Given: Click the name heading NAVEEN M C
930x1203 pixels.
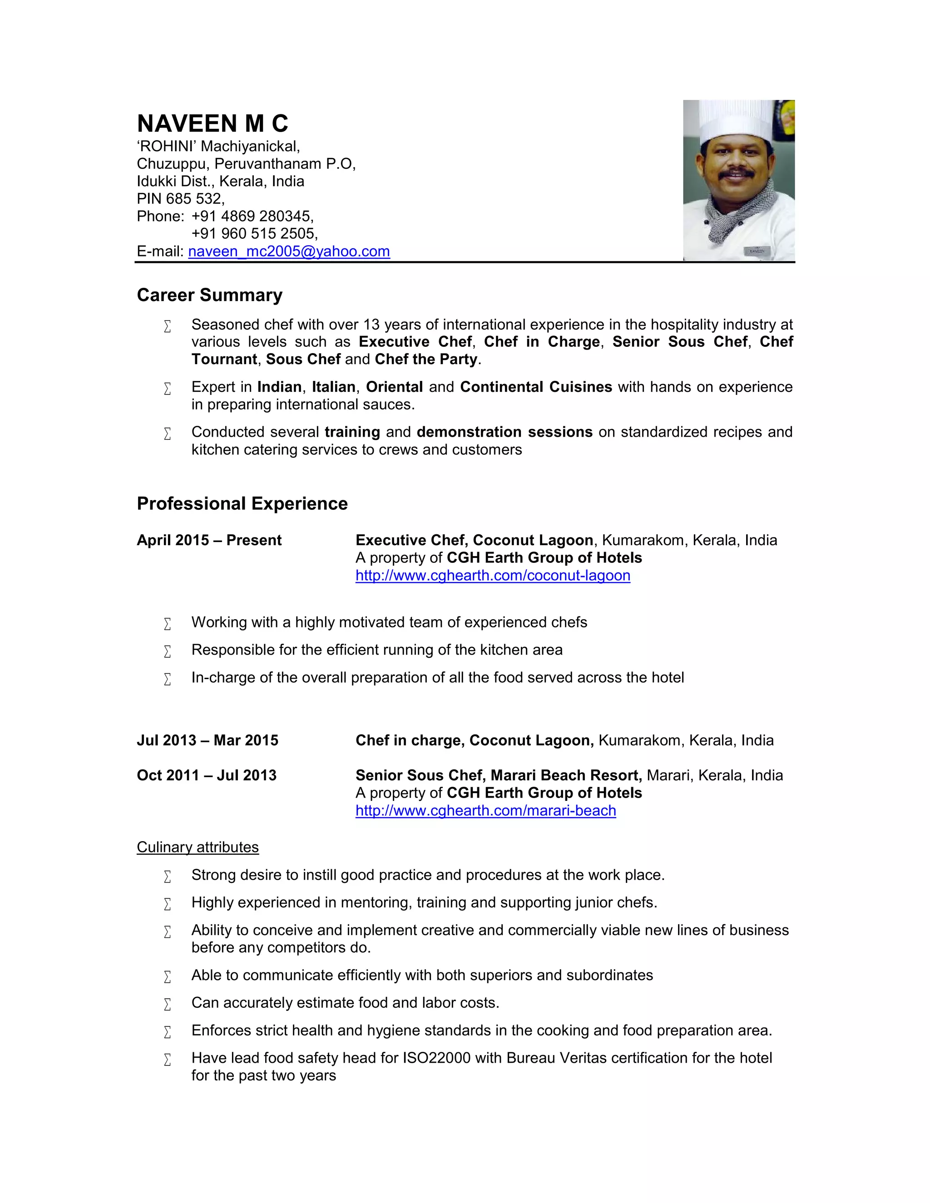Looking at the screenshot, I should click(212, 123).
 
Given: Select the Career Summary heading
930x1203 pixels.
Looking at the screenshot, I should click(209, 295).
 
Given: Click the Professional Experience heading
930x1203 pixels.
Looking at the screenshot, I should click(242, 503).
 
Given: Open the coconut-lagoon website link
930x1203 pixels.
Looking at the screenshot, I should click(493, 575).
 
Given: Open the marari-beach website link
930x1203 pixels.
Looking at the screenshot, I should click(485, 810).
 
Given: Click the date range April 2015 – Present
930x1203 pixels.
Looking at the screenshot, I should click(209, 540).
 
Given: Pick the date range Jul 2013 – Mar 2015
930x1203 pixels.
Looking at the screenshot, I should click(207, 740).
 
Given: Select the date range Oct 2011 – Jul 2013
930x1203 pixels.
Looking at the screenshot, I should click(206, 775).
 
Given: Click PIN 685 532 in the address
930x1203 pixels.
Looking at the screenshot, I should click(180, 198).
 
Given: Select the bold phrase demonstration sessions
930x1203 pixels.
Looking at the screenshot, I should click(504, 432).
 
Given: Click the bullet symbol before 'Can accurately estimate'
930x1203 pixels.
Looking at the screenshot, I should click(168, 1004).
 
